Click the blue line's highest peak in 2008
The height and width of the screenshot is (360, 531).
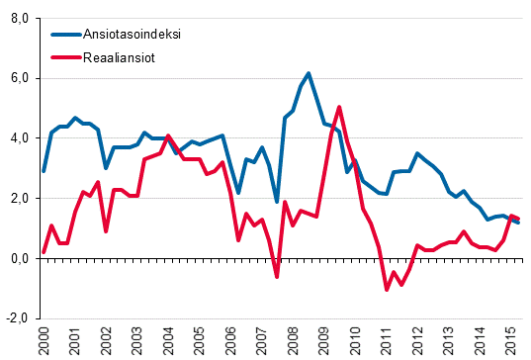pyautogui.click(x=309, y=73)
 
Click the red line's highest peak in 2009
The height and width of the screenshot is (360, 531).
pyautogui.click(x=339, y=107)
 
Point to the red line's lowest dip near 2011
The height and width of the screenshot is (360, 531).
pyautogui.click(x=387, y=290)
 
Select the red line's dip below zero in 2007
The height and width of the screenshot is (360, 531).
pyautogui.click(x=277, y=277)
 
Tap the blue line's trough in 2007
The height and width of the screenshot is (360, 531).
pyautogui.click(x=277, y=201)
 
